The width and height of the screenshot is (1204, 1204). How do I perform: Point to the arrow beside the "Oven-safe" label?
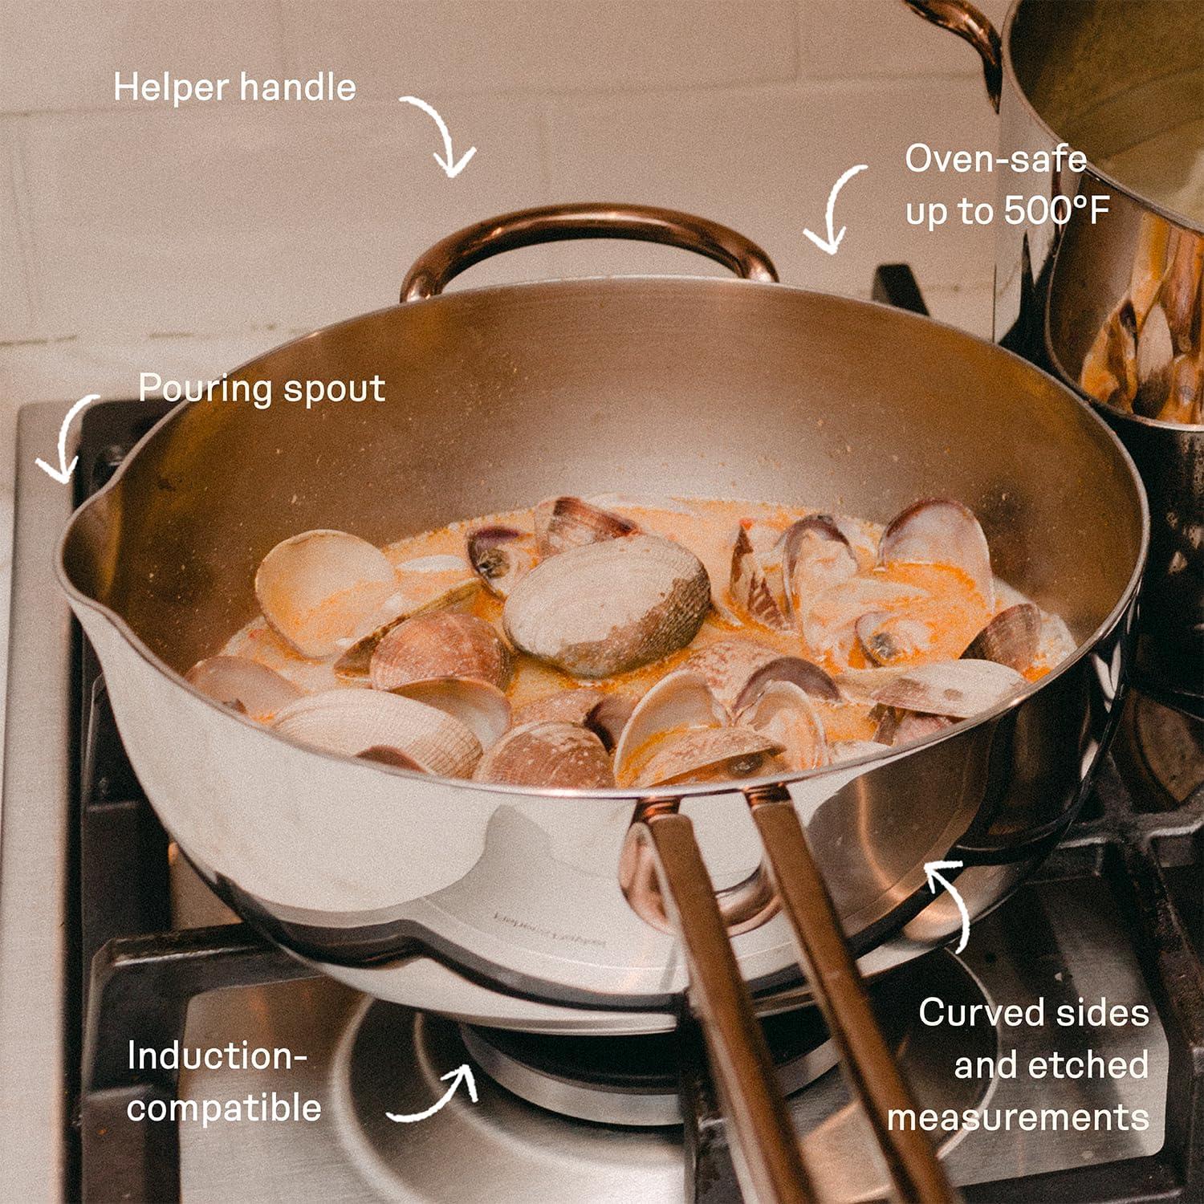point(831,206)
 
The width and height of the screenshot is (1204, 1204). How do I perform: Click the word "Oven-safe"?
point(996,159)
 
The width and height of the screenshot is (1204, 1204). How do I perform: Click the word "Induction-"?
point(217,1056)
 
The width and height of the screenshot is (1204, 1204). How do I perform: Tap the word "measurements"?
point(1018,1118)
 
